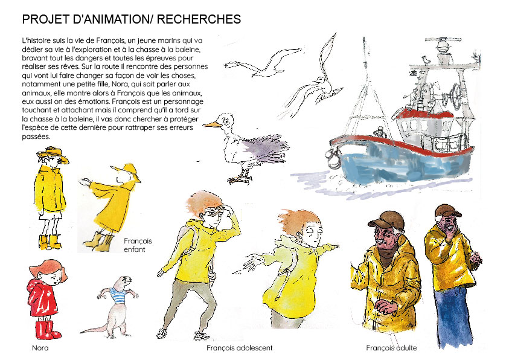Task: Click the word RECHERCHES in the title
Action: [x=199, y=19]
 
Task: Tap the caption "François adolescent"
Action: [x=240, y=348]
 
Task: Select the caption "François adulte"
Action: [x=391, y=348]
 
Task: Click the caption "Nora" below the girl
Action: [x=40, y=348]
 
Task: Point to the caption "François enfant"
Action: [x=138, y=245]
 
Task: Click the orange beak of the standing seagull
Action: [x=211, y=124]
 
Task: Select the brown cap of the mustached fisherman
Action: [x=386, y=220]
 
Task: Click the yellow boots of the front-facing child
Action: [x=50, y=242]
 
